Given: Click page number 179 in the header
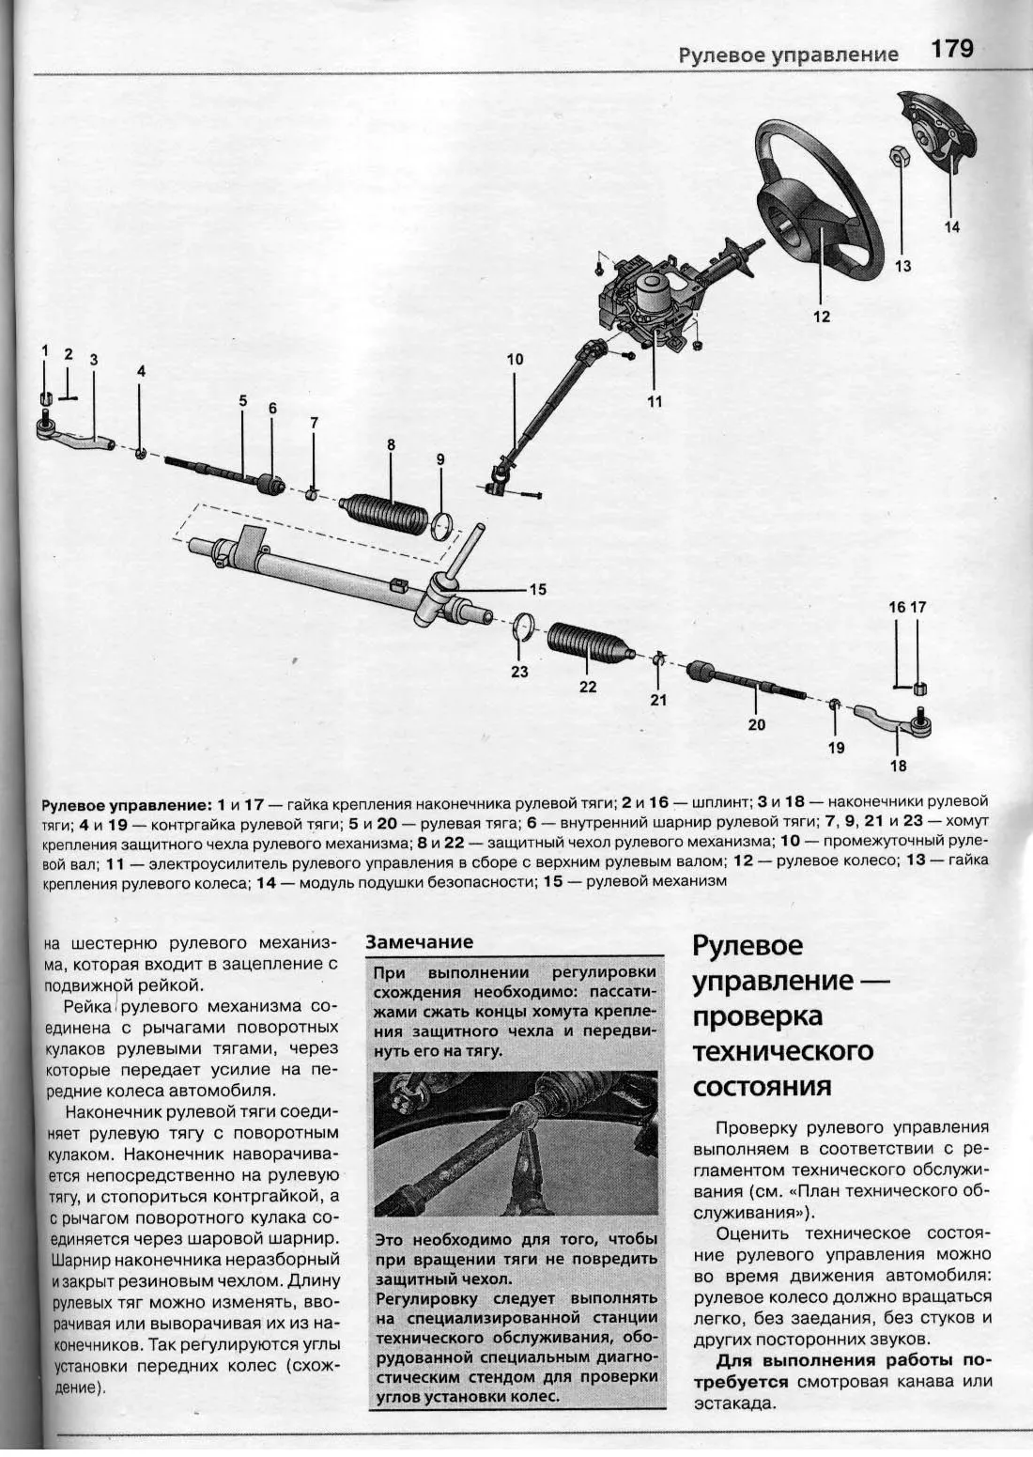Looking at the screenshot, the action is pyautogui.click(x=952, y=49).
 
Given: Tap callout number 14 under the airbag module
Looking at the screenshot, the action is pyautogui.click(x=951, y=227).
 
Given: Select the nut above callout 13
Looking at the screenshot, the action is pyautogui.click(x=897, y=157).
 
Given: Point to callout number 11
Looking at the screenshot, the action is pyautogui.click(x=655, y=401).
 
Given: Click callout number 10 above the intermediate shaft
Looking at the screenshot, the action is pyautogui.click(x=516, y=360).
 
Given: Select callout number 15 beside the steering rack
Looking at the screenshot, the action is pyautogui.click(x=537, y=590).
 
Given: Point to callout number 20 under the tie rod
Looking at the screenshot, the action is pyautogui.click(x=757, y=724).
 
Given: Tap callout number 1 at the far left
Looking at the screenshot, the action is pyautogui.click(x=45, y=351).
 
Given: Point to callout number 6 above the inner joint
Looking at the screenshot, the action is pyautogui.click(x=272, y=409).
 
